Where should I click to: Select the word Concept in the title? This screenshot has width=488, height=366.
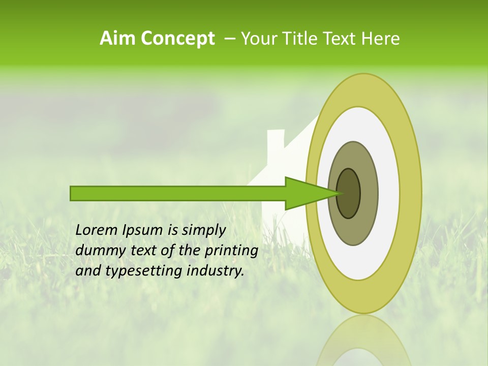tap(178, 39)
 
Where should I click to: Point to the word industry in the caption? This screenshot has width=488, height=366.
tap(216, 271)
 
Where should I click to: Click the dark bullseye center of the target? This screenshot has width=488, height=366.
tap(349, 193)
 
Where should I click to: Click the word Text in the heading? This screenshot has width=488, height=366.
tap(342, 38)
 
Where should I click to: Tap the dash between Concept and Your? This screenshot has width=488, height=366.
tap(229, 38)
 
